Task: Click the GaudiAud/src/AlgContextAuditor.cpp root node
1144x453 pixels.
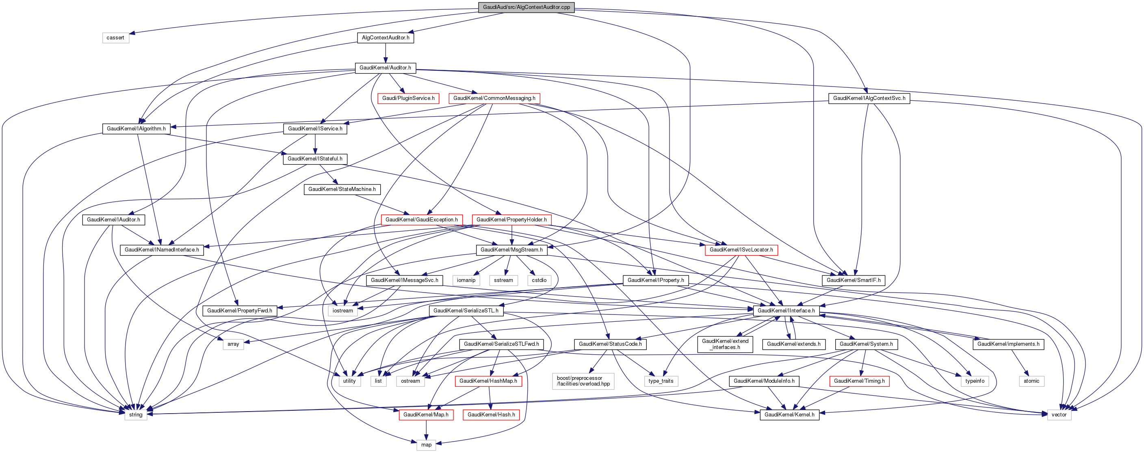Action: coord(526,7)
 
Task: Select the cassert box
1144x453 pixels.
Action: coord(115,38)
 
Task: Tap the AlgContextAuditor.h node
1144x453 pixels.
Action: coord(386,38)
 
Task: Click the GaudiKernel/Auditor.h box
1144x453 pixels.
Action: coord(385,68)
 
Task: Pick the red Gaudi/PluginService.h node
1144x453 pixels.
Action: coord(408,98)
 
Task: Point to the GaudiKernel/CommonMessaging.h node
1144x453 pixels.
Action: coord(494,98)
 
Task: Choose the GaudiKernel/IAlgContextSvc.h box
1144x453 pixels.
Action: coord(869,98)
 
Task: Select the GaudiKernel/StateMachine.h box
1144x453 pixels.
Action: coord(342,189)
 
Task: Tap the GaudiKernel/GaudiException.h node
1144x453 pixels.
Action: coord(421,220)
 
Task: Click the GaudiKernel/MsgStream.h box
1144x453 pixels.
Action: coord(511,250)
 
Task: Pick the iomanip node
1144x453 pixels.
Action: coord(466,280)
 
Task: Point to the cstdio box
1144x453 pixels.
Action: coord(539,280)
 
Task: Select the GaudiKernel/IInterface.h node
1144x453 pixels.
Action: coord(786,311)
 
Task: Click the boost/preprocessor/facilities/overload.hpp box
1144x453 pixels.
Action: coord(583,381)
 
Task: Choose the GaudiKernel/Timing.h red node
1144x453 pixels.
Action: coord(859,381)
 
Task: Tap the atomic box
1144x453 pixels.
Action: coord(1031,381)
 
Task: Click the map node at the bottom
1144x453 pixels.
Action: coord(426,445)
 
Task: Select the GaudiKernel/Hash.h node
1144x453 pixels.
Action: coord(491,415)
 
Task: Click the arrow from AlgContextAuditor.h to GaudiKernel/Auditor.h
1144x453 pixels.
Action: coord(386,53)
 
